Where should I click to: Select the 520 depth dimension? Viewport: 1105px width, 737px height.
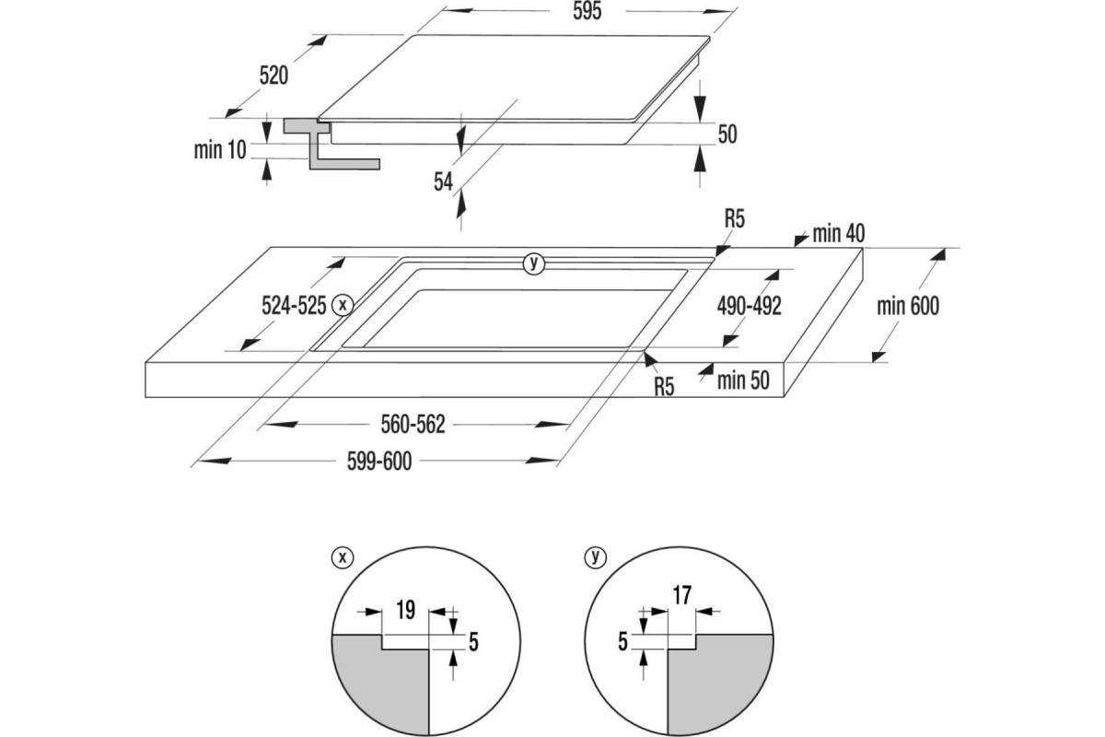(273, 76)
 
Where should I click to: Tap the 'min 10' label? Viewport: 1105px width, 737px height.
(220, 150)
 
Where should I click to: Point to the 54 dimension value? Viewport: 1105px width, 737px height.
(444, 182)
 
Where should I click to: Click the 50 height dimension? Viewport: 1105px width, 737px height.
(727, 135)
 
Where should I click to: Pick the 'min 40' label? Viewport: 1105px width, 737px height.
(838, 233)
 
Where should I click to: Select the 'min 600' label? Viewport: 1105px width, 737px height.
(908, 306)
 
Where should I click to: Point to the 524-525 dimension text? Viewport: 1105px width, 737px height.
(292, 306)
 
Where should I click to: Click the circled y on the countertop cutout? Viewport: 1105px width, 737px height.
(533, 263)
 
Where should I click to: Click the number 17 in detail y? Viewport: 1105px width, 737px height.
(681, 596)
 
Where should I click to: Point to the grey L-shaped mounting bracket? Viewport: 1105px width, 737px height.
(322, 152)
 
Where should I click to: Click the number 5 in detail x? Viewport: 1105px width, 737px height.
(473, 641)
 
